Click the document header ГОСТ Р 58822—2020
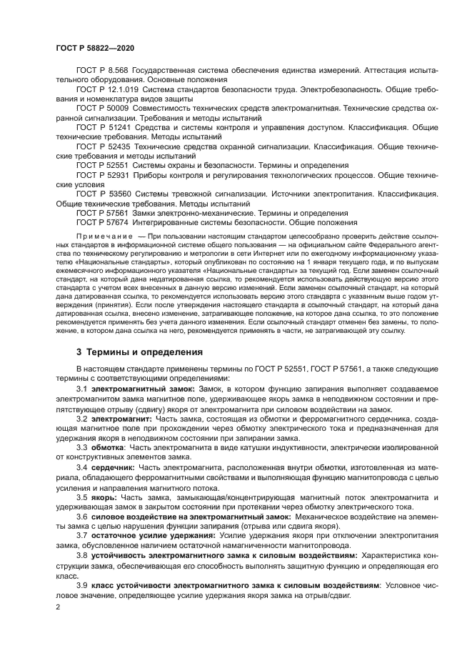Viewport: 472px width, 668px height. (94, 47)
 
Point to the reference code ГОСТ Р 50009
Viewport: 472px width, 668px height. (104, 108)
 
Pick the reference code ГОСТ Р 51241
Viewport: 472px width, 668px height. (104, 126)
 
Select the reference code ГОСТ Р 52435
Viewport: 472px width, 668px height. (104, 145)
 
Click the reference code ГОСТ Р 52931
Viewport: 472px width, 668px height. (104, 174)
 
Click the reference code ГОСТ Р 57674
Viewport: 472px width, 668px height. (104, 221)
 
